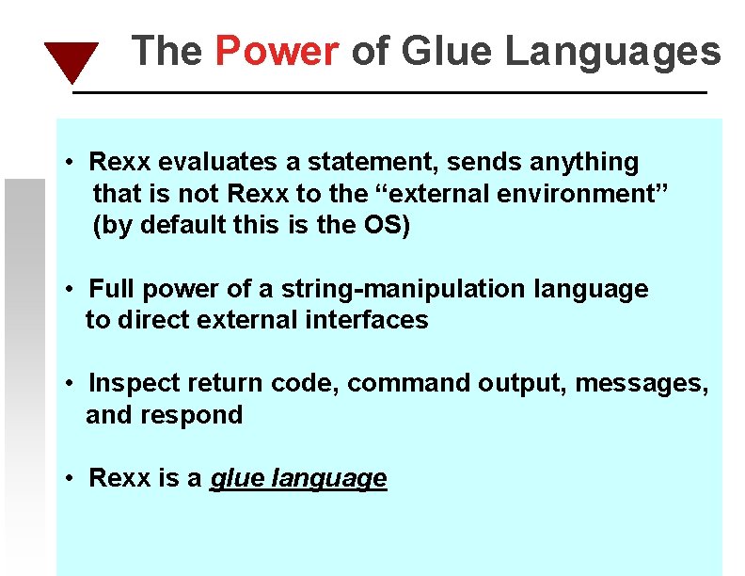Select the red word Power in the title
click(x=277, y=51)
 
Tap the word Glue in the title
click(x=448, y=51)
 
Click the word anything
click(x=584, y=162)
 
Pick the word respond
click(x=200, y=415)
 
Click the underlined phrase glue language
click(x=298, y=478)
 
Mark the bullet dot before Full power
click(x=71, y=289)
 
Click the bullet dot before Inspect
click(x=71, y=383)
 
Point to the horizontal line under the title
click(x=389, y=92)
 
